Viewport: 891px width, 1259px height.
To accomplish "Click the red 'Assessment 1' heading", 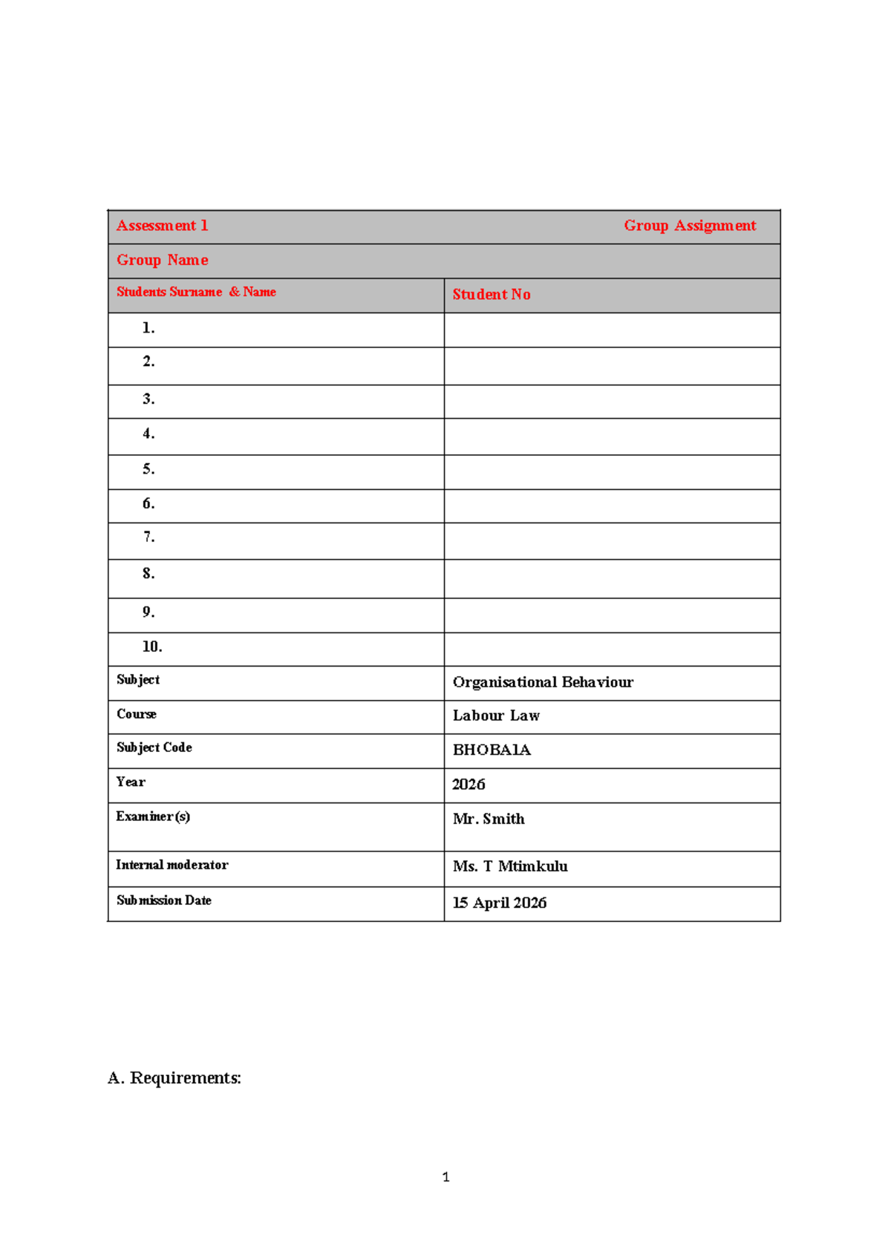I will (162, 226).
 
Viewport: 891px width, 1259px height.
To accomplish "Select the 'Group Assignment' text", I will (689, 226).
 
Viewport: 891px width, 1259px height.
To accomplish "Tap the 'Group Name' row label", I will (162, 261).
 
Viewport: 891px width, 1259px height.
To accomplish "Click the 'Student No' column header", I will (492, 295).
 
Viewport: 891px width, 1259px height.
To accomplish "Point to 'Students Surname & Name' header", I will (196, 292).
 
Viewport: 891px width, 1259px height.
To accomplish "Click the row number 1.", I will (148, 328).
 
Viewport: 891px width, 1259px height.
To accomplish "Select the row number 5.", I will (148, 469).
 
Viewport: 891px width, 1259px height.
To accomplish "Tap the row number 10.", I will (152, 647).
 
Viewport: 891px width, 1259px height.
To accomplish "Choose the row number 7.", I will (148, 537).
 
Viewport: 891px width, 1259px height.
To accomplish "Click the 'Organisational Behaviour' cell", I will (543, 682).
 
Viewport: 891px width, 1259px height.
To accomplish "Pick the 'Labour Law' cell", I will (496, 716).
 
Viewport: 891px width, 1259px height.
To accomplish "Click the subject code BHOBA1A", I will (492, 750).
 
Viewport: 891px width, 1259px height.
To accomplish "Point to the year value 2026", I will (469, 785).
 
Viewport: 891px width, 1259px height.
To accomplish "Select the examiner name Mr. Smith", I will (489, 819).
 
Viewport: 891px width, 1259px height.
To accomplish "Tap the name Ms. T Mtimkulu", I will (510, 866).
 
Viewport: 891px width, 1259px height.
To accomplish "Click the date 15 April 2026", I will (500, 903).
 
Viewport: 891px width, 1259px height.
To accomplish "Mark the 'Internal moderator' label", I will (172, 865).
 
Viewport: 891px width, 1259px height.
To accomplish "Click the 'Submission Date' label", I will (164, 900).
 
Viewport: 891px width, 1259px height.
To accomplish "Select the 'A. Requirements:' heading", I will (174, 1078).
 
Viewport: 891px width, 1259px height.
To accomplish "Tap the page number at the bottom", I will (446, 1177).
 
